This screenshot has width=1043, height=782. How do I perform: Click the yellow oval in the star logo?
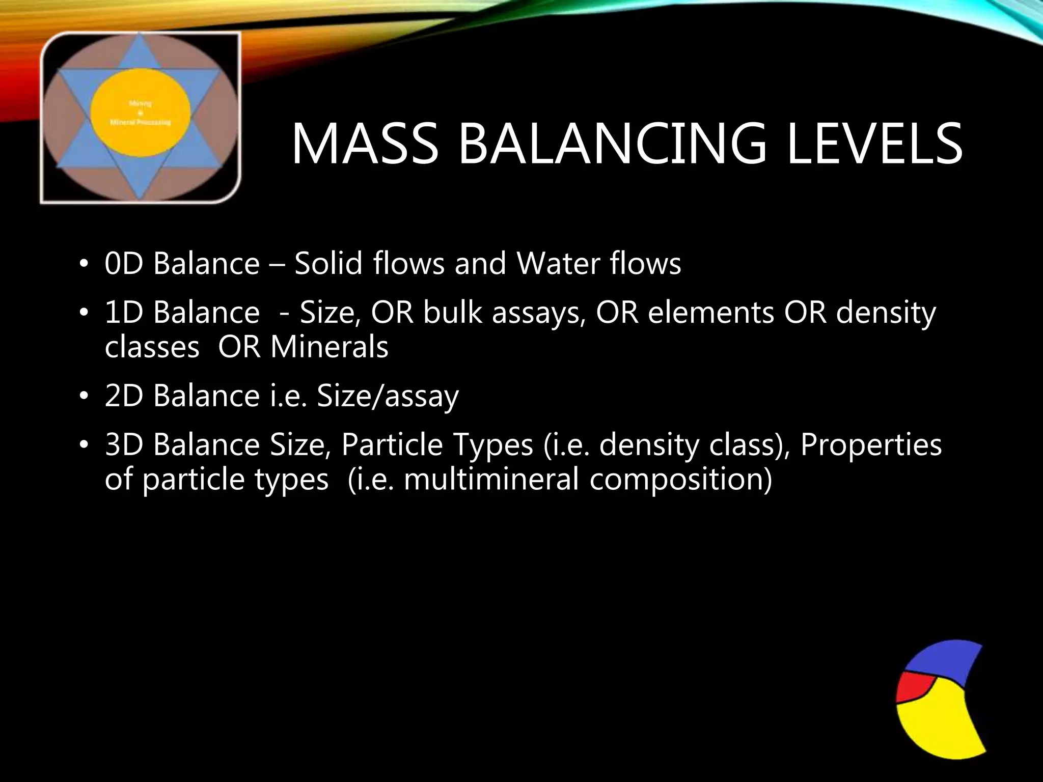pyautogui.click(x=141, y=109)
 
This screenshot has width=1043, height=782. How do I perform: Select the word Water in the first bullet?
pyautogui.click(x=558, y=264)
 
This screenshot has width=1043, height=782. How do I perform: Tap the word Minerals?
pyautogui.click(x=330, y=347)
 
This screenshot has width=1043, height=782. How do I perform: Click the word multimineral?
pyautogui.click(x=491, y=480)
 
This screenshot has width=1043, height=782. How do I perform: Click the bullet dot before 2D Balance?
pyautogui.click(x=84, y=397)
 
